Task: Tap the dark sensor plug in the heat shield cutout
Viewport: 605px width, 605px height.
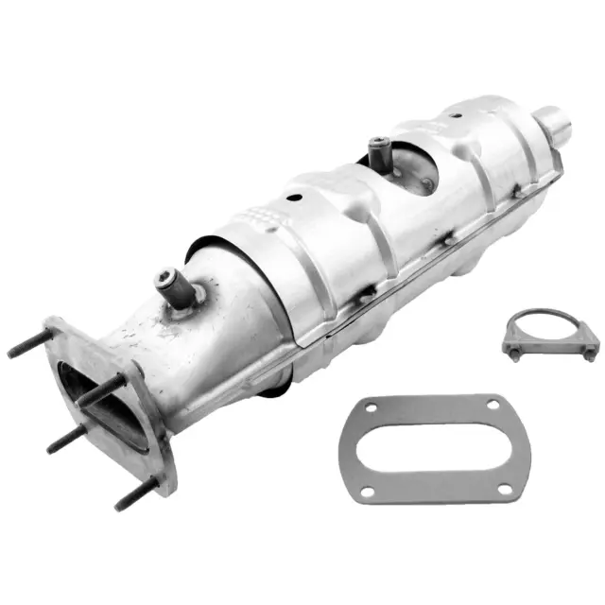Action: [x=379, y=148]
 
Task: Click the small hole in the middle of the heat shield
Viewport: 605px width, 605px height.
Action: [x=294, y=200]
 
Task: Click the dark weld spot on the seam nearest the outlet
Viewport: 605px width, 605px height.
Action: [x=518, y=194]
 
